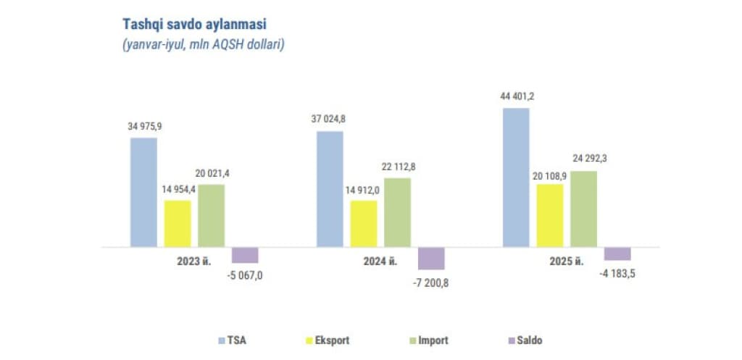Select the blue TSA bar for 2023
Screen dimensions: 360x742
143,192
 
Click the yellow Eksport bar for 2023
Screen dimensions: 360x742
178,223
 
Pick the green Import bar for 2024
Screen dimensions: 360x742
397,212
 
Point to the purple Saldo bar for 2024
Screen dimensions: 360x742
431,259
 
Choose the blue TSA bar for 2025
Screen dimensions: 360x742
516,177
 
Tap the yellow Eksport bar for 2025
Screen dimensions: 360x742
550,215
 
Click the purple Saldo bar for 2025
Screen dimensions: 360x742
617,254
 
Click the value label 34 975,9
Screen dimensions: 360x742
144,126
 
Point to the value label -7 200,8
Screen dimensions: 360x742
430,282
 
